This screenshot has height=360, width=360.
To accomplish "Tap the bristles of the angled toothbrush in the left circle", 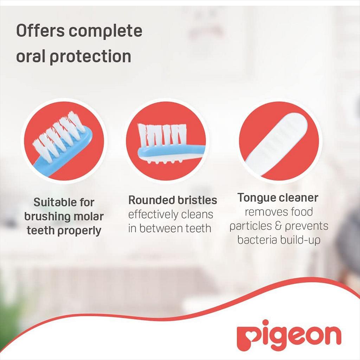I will [58, 135].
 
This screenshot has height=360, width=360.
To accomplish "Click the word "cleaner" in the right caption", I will [298, 198].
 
